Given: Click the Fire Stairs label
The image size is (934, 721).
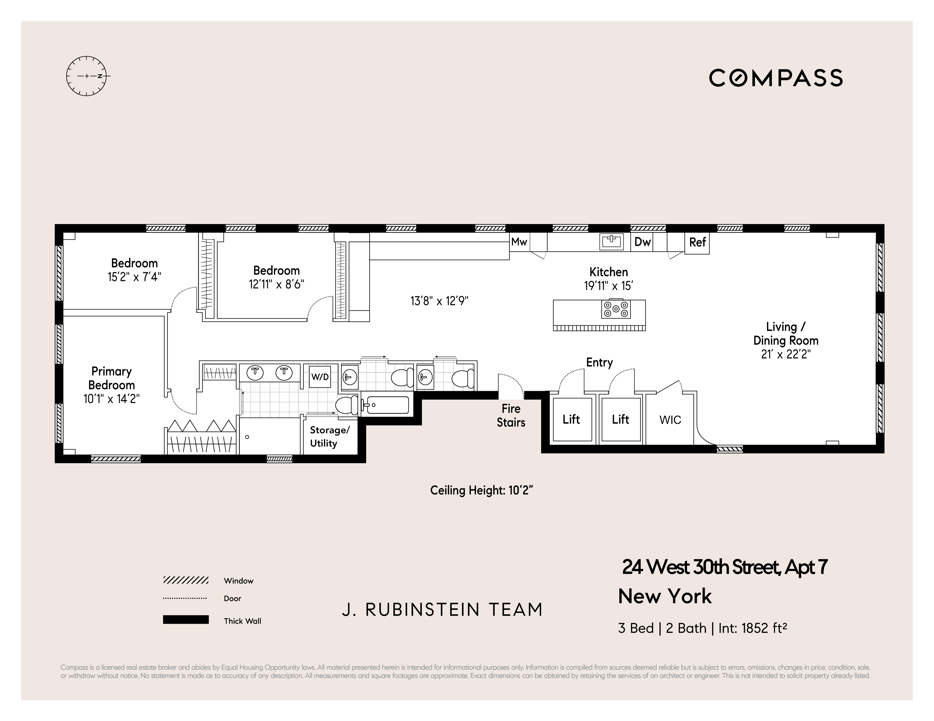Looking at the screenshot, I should (x=511, y=415).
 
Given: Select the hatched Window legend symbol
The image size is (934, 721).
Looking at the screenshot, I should (x=186, y=580).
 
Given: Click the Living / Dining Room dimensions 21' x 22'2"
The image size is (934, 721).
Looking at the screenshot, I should (x=786, y=354).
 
